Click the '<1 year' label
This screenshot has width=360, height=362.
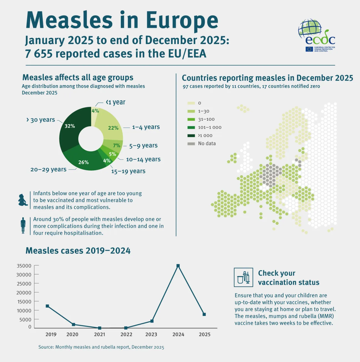[116, 102]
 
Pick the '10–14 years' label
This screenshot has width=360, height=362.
[143, 160]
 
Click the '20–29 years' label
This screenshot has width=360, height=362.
[48, 169]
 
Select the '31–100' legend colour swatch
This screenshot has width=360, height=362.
[191, 120]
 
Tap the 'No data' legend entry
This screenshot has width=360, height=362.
[207, 144]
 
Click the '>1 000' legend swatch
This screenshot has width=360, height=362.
[191, 136]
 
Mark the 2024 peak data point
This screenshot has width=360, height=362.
[178, 266]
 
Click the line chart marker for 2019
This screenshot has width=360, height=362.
[47, 306]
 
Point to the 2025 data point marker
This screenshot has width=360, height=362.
[204, 314]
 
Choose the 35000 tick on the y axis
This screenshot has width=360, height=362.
[24, 266]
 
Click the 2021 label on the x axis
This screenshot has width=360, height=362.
[99, 335]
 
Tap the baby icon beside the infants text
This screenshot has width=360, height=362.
[22, 200]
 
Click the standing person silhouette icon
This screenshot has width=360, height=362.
[23, 225]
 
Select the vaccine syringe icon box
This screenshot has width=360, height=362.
[243, 277]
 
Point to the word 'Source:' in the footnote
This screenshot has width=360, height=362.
[46, 347]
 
